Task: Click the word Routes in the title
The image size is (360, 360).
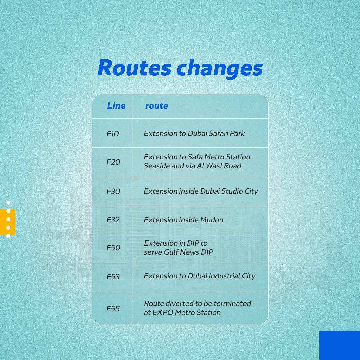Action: (134, 68)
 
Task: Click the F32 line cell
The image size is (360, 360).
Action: (113, 220)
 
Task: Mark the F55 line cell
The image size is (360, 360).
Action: (113, 309)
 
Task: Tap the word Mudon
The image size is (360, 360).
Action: (212, 220)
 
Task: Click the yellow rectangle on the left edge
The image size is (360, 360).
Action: (7, 222)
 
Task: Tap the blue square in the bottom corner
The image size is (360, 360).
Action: (340, 345)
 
